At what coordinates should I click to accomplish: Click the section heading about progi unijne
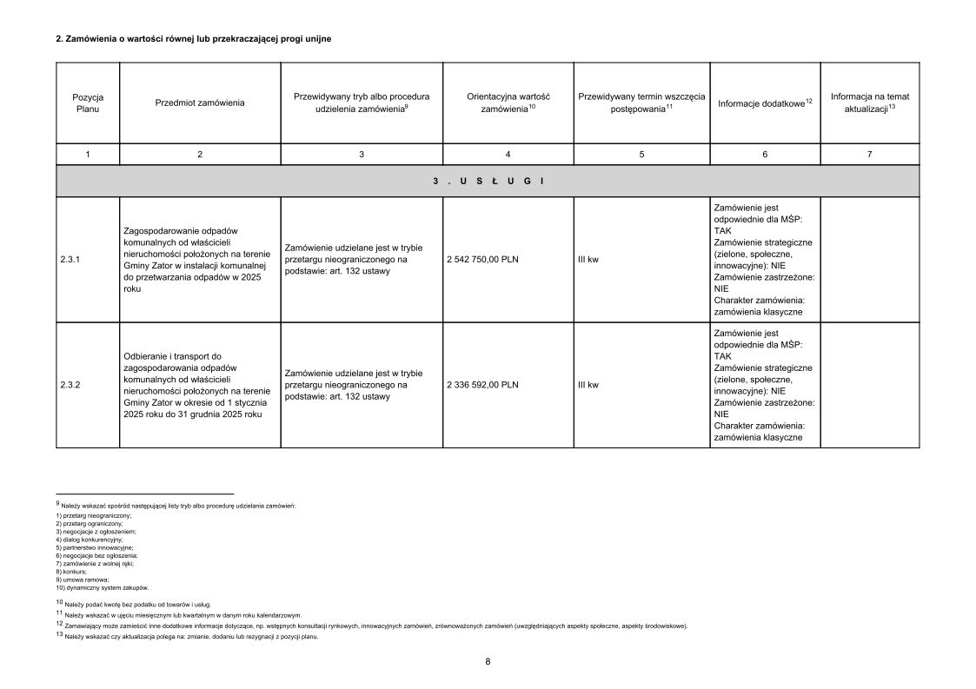click(193, 39)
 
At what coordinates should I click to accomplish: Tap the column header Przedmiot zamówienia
click(200, 103)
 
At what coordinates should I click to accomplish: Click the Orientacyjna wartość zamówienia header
click(508, 103)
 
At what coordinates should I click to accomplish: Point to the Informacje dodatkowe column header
click(764, 103)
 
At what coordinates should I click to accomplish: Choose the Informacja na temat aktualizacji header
click(869, 103)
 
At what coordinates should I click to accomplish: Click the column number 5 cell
click(641, 154)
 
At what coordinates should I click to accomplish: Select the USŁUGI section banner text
click(488, 181)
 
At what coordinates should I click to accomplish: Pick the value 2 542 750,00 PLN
click(482, 259)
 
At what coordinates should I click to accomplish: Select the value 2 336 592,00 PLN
click(482, 384)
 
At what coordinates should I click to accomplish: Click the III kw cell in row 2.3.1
click(588, 259)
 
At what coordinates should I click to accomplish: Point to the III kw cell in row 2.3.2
click(588, 384)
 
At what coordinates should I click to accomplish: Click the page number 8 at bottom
click(488, 661)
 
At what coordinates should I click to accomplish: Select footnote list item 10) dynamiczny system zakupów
click(103, 587)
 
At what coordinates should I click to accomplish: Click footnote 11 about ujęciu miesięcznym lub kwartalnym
click(179, 613)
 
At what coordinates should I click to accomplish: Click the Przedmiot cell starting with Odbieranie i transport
click(199, 384)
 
